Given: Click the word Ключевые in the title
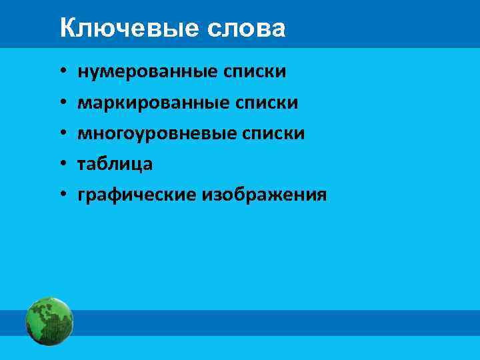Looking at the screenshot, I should (125, 29).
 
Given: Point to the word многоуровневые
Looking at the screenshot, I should (153, 133).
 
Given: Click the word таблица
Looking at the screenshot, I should (115, 164).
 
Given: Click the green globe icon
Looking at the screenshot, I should (49, 322).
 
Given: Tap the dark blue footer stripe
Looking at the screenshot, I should (267, 323).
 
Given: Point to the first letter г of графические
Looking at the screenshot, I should (82, 195).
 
